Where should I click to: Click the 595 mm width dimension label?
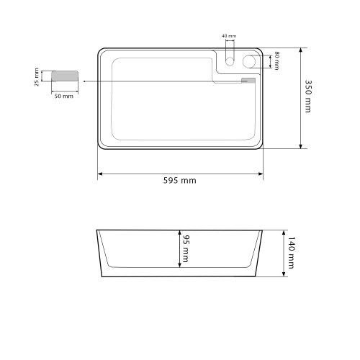[179, 181]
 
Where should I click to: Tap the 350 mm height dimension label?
[308, 96]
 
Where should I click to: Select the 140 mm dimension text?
[291, 253]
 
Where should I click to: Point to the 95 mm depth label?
[186, 248]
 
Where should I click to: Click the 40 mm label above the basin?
[229, 36]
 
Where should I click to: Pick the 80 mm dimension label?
[276, 60]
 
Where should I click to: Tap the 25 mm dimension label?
[37, 77]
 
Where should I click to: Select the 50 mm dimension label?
[64, 96]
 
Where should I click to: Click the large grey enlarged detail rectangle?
[65, 76]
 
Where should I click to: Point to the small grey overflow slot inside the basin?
[248, 81]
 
